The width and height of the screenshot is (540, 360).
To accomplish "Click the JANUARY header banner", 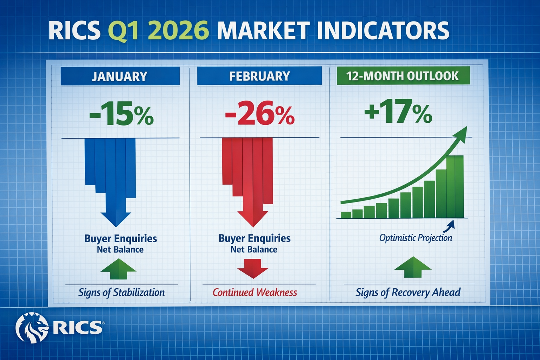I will tap(120, 76).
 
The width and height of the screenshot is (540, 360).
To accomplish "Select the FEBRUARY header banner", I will tap(259, 76).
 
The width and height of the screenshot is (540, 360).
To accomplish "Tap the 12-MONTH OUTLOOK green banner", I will tap(403, 76).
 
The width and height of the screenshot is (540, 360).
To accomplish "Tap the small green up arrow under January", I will tap(118, 269).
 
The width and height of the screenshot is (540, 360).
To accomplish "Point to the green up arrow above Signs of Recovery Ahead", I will tap(413, 267).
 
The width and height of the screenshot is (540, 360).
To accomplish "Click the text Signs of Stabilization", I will tap(121, 292).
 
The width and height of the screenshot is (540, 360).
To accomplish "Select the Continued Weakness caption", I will tap(255, 292).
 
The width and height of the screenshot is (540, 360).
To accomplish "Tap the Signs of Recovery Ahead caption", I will tap(408, 292).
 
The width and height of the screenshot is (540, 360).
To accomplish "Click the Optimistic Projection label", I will tap(416, 238).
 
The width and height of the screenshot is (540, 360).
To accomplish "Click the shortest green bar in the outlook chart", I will tap(346, 215).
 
